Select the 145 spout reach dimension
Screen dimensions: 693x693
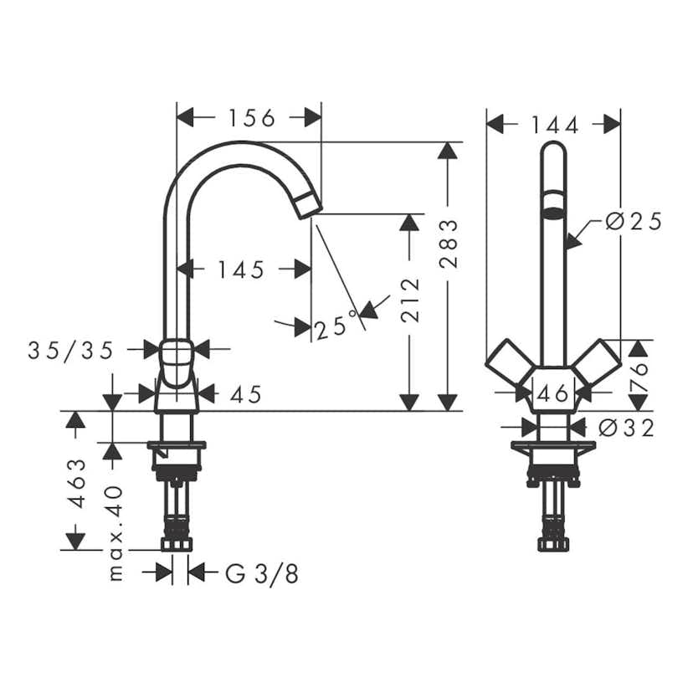tap(240, 269)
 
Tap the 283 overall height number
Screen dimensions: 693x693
tap(449, 244)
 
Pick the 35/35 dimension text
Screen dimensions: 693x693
tap(70, 351)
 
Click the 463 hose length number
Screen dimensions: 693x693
tap(76, 483)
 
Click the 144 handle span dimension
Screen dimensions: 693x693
tap(554, 126)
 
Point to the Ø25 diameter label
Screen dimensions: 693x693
tap(634, 221)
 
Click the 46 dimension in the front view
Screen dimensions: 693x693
tap(552, 392)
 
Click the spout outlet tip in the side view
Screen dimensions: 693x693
tap(308, 205)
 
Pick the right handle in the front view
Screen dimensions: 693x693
tap(596, 366)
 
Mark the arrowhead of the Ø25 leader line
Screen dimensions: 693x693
tap(568, 244)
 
